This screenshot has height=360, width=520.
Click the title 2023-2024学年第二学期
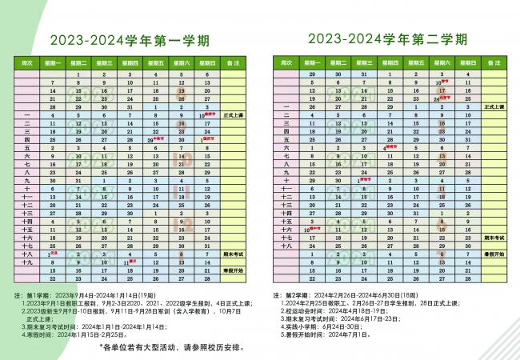click(387, 39)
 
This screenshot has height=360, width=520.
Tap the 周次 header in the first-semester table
click(26, 62)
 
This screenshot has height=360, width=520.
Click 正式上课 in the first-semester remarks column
click(234, 114)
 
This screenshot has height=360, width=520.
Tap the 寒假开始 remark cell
click(234, 270)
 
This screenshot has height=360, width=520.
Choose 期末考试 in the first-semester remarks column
click(234, 253)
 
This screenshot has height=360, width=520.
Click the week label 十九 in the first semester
click(26, 262)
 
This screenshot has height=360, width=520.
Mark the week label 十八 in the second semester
click(286, 246)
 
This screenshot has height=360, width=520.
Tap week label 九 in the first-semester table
click(26, 180)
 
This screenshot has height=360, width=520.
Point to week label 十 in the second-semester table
click(286, 180)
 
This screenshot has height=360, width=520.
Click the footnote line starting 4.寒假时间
click(73, 334)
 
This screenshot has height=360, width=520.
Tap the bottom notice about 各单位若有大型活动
click(173, 350)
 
